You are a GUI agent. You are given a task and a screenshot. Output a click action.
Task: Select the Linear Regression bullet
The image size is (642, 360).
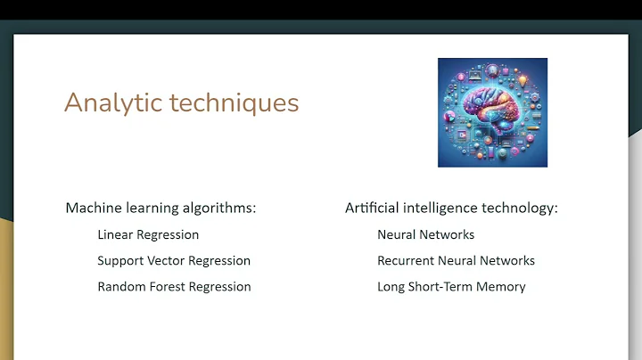click(x=148, y=235)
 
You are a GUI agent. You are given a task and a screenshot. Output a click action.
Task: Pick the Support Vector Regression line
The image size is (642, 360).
click(x=174, y=261)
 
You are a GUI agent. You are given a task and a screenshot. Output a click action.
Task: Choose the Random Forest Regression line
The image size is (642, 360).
click(x=174, y=287)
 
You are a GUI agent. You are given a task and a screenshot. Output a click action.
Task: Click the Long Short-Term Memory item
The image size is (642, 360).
click(x=451, y=287)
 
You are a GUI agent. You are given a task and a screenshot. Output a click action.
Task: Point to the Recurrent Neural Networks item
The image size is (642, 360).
click(x=456, y=261)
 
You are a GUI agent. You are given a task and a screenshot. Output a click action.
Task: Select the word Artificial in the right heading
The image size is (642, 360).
click(x=370, y=208)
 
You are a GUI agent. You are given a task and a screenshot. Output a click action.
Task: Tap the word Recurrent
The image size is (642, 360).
click(x=405, y=261)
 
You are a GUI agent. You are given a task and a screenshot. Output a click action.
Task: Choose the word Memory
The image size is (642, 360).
click(x=502, y=287)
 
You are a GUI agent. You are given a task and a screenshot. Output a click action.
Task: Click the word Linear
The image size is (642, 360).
click(x=114, y=235)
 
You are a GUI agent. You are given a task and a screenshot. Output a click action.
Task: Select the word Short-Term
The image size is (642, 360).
click(x=443, y=287)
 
